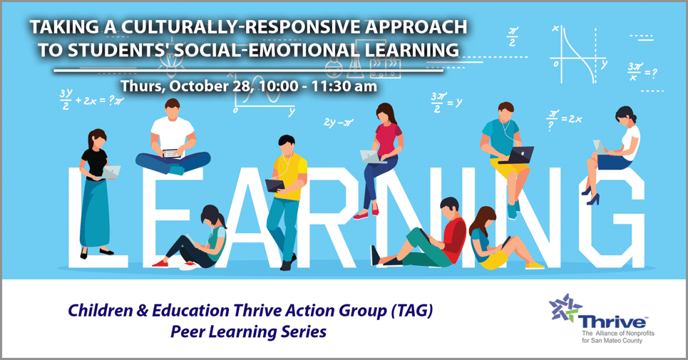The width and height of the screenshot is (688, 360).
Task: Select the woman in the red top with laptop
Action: click(384, 157)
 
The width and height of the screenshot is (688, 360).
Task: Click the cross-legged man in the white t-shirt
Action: click(171, 139)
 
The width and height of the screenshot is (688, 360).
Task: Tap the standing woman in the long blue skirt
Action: click(96, 189)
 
